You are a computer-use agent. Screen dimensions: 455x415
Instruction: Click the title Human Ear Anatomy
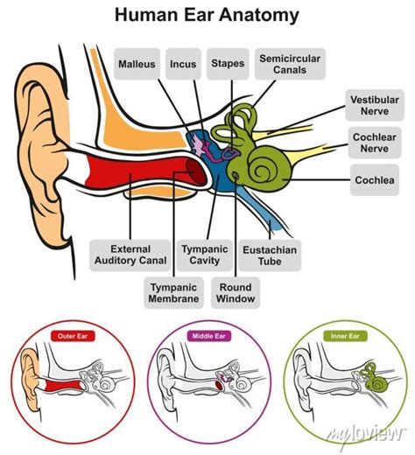click(207, 15)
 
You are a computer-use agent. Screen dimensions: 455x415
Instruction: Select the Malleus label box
click(138, 64)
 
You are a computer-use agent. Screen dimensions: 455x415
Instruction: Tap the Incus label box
click(183, 64)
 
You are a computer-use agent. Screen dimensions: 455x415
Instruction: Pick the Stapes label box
click(228, 64)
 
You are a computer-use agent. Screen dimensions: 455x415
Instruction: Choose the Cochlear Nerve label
click(374, 143)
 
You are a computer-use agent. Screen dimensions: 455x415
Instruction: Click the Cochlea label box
click(374, 180)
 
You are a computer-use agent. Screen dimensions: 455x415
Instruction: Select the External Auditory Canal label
click(131, 255)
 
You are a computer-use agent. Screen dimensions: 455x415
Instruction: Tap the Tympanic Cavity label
click(204, 255)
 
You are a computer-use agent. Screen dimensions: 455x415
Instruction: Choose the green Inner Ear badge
click(344, 335)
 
